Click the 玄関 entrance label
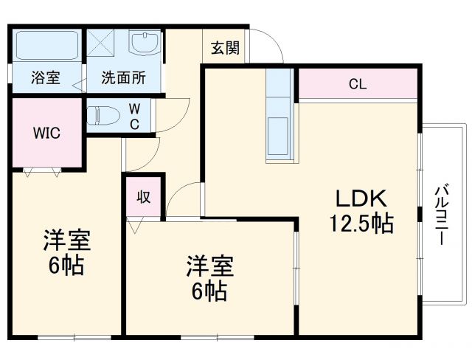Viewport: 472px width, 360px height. coord(225,48)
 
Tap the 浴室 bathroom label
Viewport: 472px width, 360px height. coord(46,76)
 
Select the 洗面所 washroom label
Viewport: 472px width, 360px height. coord(123,76)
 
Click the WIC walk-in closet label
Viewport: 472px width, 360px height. coord(46,134)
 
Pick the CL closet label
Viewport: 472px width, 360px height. coord(358,84)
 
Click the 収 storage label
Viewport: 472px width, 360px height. coord(143,196)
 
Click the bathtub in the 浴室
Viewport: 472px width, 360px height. coord(47,46)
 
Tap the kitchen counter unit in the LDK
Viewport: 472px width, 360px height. coord(280,118)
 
